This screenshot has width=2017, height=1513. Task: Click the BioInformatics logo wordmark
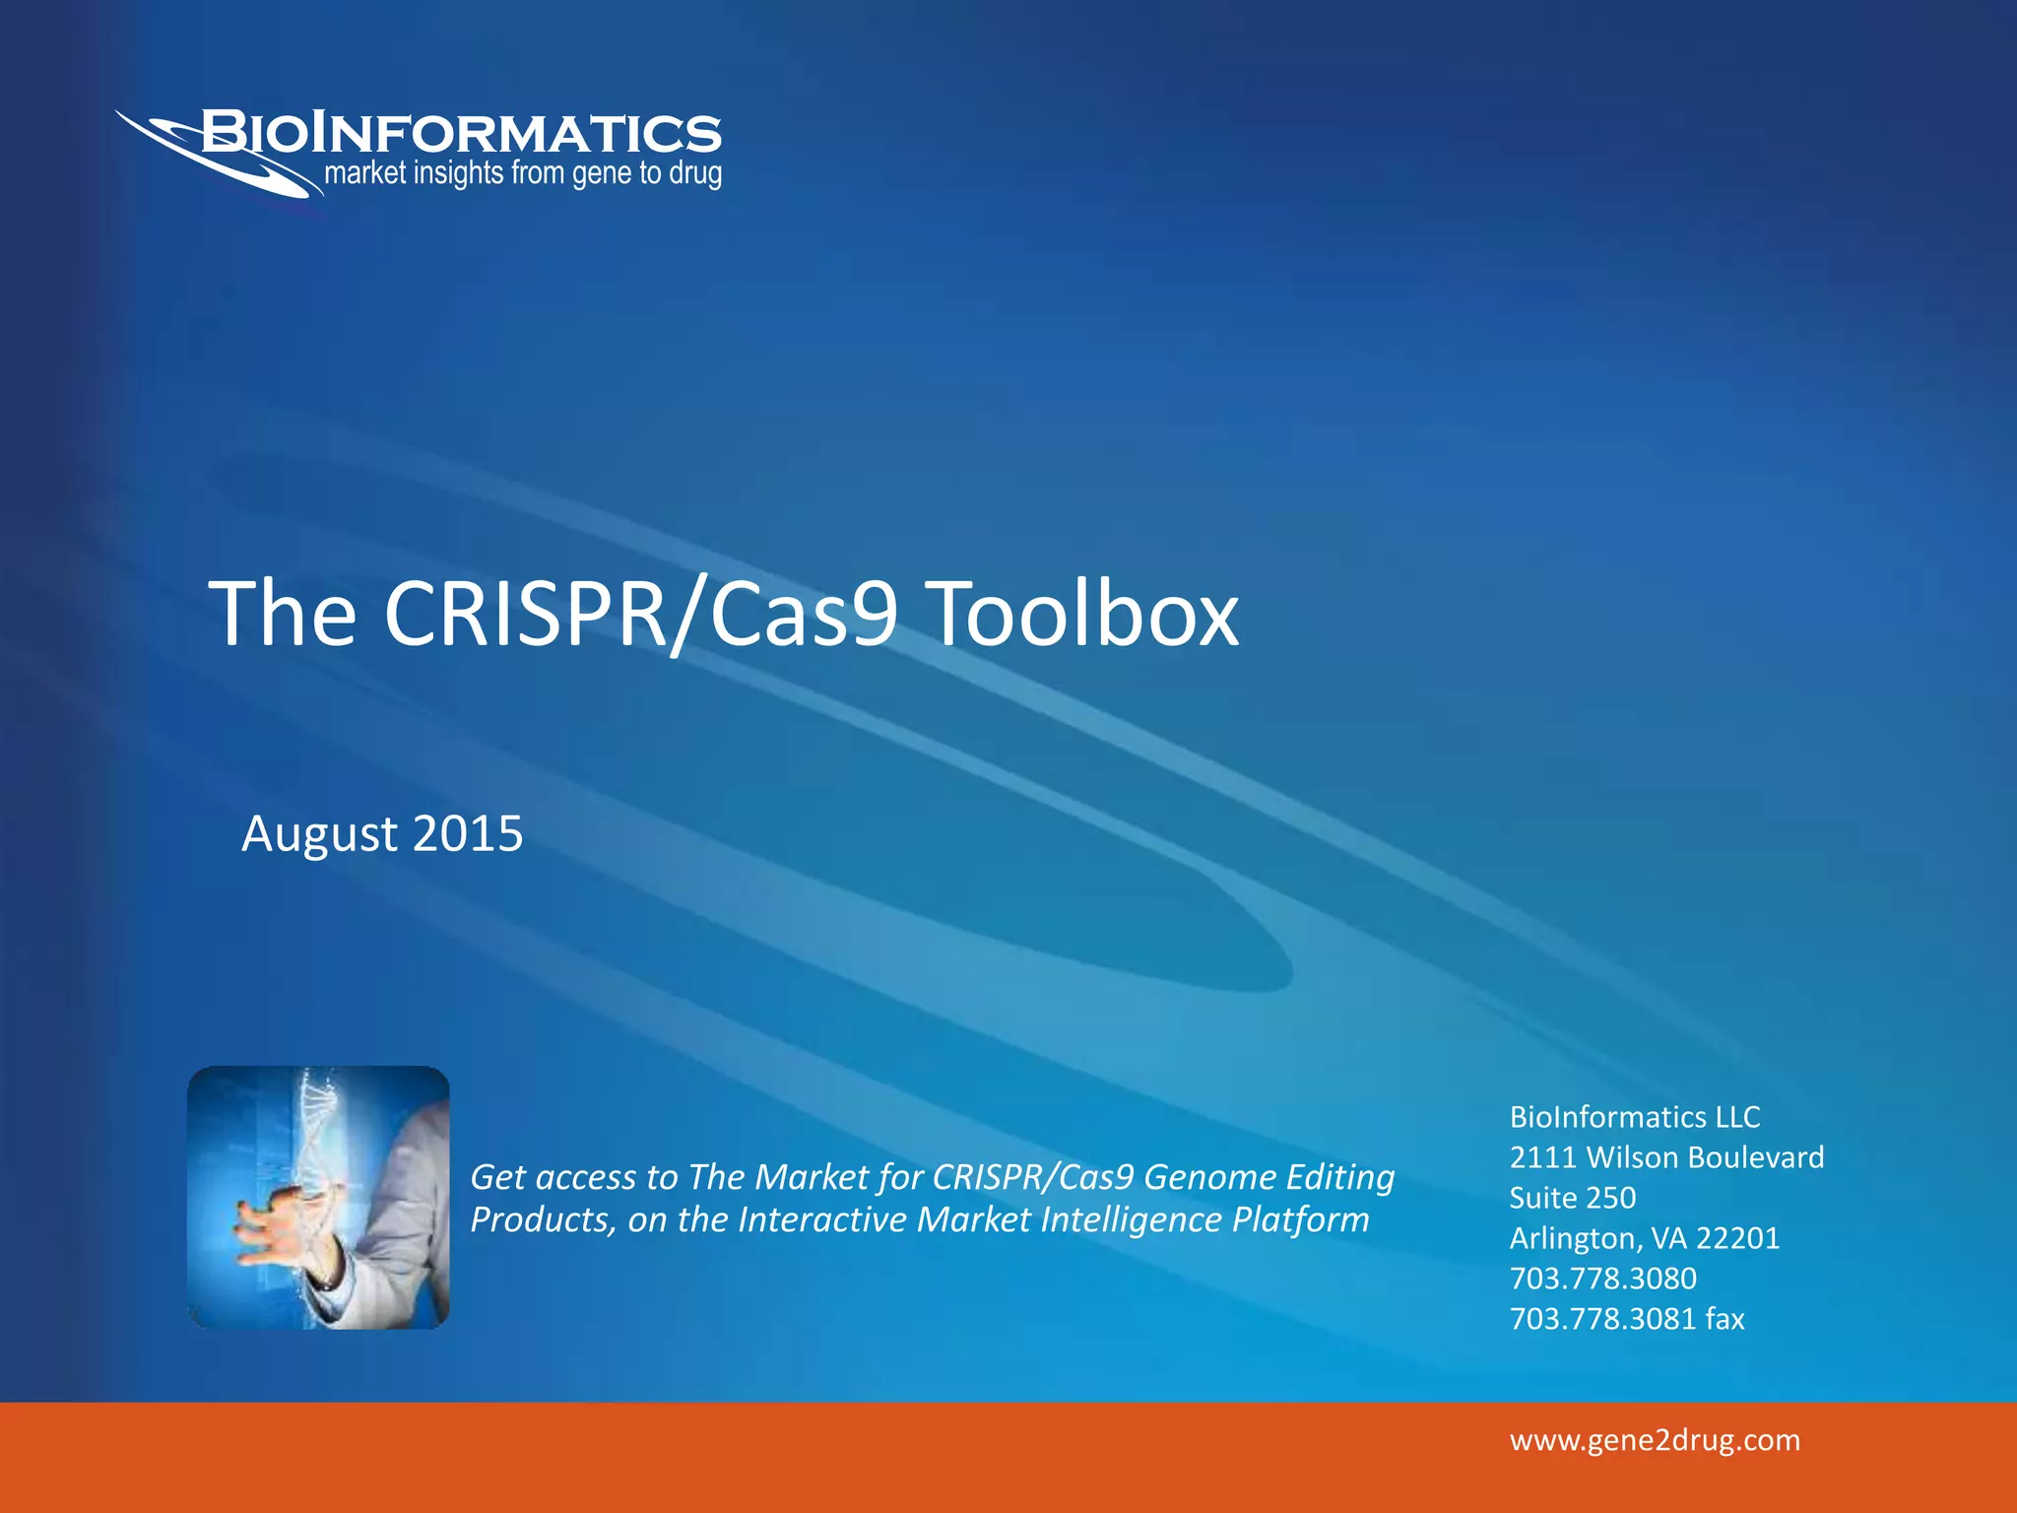point(461,133)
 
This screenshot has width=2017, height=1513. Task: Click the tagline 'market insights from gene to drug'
point(523,174)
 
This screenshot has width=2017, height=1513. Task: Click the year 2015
point(468,833)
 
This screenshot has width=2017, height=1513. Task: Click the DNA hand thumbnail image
point(318,1197)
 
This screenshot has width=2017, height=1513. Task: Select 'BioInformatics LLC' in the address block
point(1635,1116)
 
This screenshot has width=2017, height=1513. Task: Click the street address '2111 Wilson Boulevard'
point(1666,1156)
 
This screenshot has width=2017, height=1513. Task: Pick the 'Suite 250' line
point(1573,1197)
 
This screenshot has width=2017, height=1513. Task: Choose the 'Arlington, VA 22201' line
point(1645,1237)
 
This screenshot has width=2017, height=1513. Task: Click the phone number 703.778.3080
point(1603,1278)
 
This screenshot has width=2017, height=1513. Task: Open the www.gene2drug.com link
point(1655,1440)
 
